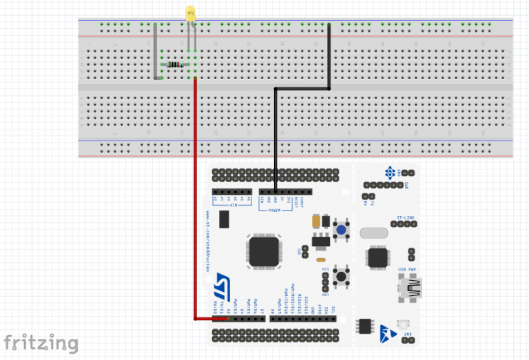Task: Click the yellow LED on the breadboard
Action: (191, 12)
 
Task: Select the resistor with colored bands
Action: (176, 65)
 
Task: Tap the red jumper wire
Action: (195, 207)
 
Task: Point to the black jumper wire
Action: (276, 138)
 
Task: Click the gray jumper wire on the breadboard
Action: (155, 52)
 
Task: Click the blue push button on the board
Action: (340, 229)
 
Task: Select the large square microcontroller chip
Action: (264, 251)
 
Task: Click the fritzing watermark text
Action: (41, 342)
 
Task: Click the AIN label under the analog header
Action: (232, 204)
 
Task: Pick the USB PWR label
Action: (406, 269)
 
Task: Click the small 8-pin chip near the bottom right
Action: (364, 326)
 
